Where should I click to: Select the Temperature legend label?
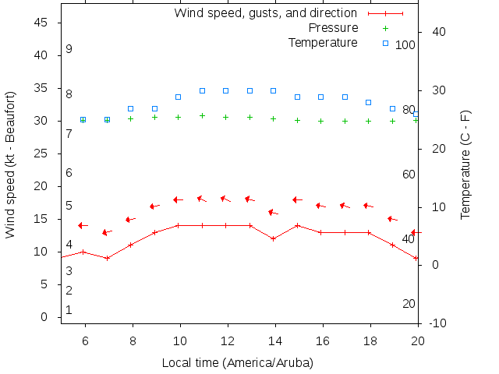coord(323,42)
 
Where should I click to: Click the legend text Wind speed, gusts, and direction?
coord(265,13)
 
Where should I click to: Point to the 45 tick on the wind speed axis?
coord(42,23)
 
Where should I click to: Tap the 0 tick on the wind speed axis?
coord(45,317)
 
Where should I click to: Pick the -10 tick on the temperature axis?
coord(437,323)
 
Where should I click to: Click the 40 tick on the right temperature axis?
coord(437,32)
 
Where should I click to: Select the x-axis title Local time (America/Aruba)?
coord(238,363)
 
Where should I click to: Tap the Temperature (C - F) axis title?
coord(465,164)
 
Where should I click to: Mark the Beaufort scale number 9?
coord(69,49)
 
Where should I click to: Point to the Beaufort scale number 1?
coord(69,310)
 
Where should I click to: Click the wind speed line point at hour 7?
coord(107,258)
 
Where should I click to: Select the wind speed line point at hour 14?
coord(274,238)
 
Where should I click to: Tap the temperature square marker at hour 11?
coord(203,90)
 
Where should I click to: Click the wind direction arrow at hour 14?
coord(273,212)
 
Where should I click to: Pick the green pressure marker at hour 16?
coord(321,121)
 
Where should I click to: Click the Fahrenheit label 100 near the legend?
coord(405,45)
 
